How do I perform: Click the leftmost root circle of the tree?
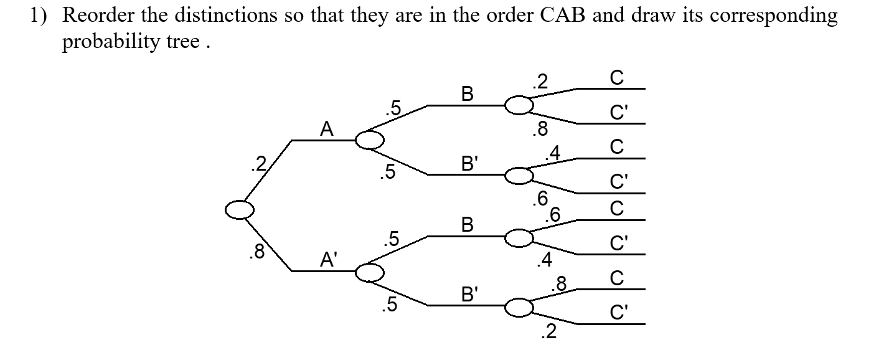click(239, 211)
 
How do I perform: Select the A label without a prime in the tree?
click(326, 129)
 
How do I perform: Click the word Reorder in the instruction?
click(104, 16)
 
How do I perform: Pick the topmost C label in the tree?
click(616, 77)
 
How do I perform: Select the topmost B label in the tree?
click(467, 94)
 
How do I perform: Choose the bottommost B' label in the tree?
click(469, 293)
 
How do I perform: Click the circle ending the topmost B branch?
click(519, 106)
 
